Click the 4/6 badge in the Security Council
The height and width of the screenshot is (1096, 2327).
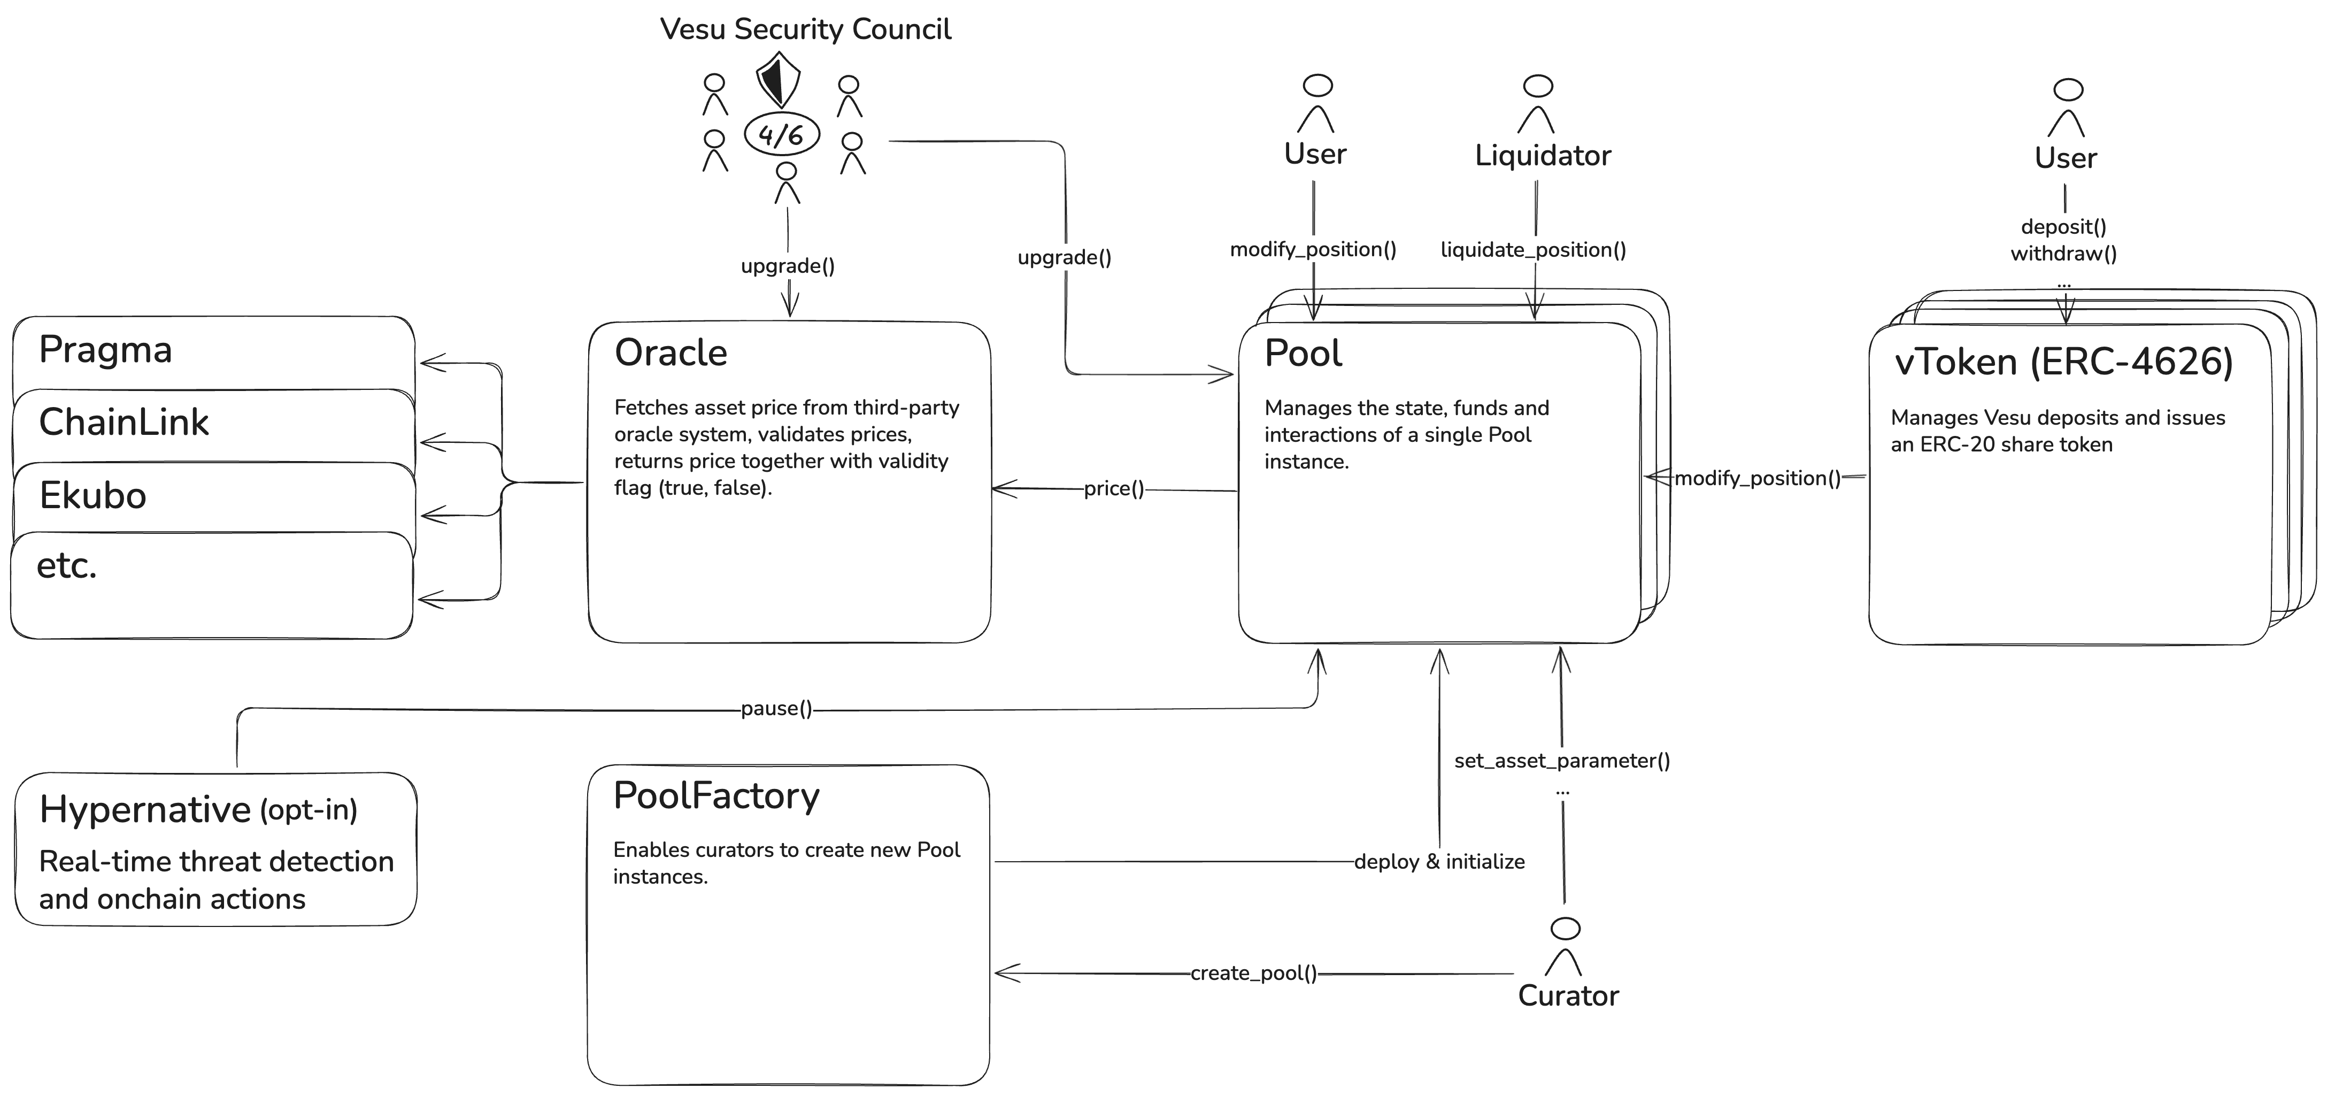tap(781, 135)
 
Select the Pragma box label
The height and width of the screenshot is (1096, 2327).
tap(106, 350)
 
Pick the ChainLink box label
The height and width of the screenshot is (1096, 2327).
tap(124, 422)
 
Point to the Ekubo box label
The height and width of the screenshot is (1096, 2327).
tap(93, 495)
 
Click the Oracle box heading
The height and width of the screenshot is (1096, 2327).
tap(671, 352)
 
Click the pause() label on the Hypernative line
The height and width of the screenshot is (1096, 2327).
tap(776, 708)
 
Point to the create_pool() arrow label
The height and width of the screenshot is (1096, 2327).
tap(1253, 973)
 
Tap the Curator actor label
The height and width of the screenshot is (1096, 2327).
tap(1568, 995)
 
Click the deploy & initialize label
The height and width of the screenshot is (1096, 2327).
tap(1439, 862)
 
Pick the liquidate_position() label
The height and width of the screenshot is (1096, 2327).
tap(1533, 249)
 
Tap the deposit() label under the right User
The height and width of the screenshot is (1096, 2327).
tap(2063, 227)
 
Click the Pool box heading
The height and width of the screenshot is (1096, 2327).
tap(1303, 352)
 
